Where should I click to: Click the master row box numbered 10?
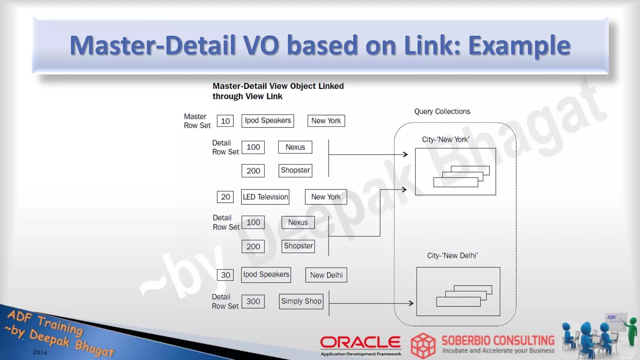(x=225, y=121)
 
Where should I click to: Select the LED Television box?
(x=265, y=197)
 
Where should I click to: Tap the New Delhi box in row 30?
(x=326, y=275)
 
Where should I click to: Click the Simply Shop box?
(x=301, y=301)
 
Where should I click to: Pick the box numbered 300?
(x=253, y=302)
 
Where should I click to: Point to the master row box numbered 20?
(x=225, y=197)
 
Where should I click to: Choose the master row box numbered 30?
(x=225, y=275)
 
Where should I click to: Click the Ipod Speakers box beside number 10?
(x=267, y=121)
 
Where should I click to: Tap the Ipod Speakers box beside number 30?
(x=266, y=275)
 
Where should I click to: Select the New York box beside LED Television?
(x=326, y=197)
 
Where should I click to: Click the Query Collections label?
(x=442, y=112)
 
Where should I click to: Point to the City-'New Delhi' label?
(x=452, y=256)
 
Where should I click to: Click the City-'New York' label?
(x=445, y=139)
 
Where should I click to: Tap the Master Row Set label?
(x=197, y=121)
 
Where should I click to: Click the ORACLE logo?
(x=360, y=342)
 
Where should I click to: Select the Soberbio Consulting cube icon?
(x=423, y=345)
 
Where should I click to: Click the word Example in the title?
(x=519, y=45)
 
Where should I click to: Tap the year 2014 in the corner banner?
(x=40, y=352)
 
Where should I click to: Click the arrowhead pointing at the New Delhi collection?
(x=411, y=303)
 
